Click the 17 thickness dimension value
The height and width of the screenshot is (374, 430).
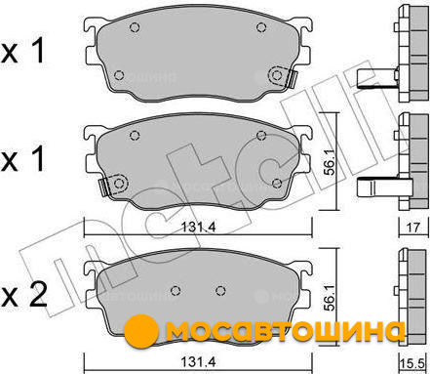[412, 228]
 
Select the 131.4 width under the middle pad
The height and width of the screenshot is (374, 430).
[198, 227]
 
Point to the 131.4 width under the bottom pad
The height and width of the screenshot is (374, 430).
[198, 361]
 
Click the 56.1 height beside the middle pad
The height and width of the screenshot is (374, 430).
[331, 162]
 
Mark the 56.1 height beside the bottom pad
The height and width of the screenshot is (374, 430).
[331, 297]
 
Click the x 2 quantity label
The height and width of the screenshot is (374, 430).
[23, 296]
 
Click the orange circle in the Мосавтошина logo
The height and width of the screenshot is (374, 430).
[141, 331]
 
